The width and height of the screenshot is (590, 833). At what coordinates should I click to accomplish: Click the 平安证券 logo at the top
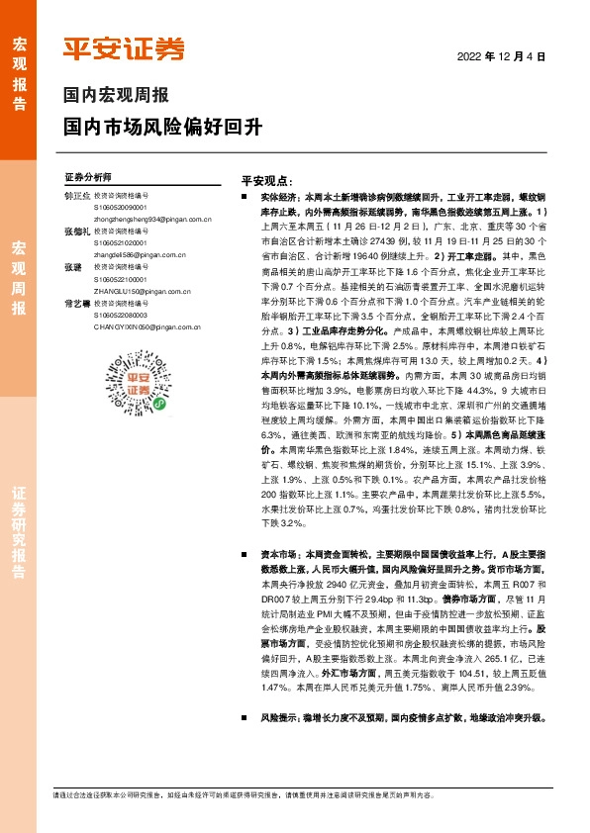tap(124, 47)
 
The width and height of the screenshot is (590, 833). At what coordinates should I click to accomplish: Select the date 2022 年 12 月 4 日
tap(502, 57)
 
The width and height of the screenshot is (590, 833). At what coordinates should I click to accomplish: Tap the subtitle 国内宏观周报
tap(116, 96)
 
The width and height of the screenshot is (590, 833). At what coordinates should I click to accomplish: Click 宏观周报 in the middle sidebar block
tap(19, 277)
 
